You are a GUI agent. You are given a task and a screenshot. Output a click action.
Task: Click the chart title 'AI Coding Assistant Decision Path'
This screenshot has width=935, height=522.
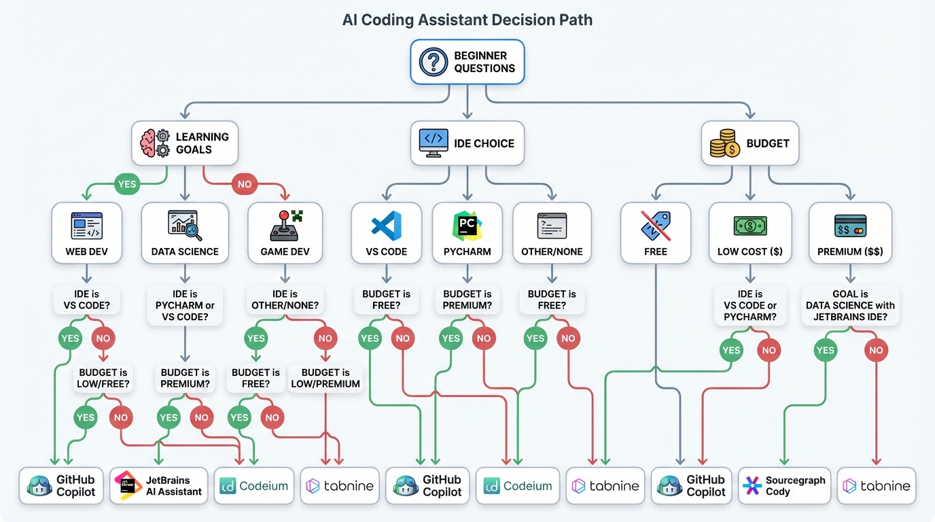pos(467,20)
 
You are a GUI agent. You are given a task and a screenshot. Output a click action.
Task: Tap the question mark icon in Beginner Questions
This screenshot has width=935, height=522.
pos(434,62)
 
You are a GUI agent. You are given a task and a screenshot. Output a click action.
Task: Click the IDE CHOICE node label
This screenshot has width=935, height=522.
pos(484,143)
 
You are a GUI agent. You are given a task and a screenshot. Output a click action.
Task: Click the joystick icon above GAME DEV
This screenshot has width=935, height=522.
pos(285,226)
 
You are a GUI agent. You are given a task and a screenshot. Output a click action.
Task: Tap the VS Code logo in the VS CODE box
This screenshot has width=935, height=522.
pos(386,226)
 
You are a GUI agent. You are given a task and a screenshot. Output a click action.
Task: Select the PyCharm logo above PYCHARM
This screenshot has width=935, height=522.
pos(467,225)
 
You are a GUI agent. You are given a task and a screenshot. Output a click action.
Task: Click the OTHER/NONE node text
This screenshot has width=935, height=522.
pos(552,251)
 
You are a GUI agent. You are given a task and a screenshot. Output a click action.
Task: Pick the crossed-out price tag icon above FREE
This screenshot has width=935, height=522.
pos(656,226)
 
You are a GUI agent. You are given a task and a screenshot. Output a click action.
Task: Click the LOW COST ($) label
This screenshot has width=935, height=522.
pos(749,251)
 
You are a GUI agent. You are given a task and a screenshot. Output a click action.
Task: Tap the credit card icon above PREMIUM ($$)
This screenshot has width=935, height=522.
pos(850,226)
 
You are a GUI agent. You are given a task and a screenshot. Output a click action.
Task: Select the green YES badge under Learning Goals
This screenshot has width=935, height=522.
pos(126,184)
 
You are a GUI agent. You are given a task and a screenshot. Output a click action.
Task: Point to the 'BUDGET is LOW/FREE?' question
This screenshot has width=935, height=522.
pos(105,378)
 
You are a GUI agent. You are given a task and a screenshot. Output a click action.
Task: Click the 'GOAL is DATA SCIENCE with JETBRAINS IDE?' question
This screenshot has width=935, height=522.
pos(850,305)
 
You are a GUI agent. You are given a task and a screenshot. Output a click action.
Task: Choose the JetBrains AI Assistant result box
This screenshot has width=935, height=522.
pos(159,485)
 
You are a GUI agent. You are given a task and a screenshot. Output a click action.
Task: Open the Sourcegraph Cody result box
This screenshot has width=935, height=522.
pos(784,485)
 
